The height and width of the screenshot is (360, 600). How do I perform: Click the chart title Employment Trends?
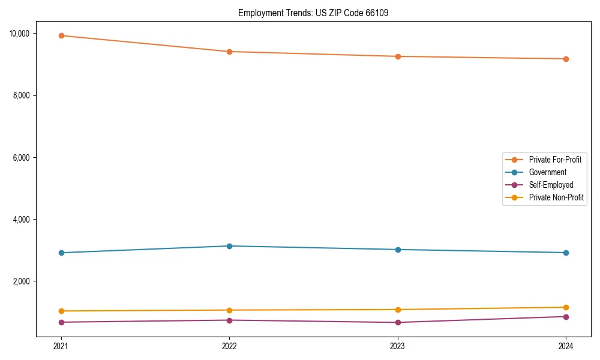(x=313, y=13)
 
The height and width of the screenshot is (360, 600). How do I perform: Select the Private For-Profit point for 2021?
(x=61, y=35)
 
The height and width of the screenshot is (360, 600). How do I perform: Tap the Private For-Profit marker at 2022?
(x=229, y=52)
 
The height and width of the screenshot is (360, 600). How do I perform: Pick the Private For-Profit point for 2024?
(x=566, y=59)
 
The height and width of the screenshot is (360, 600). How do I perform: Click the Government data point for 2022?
(x=229, y=246)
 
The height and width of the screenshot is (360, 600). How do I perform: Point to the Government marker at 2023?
(x=398, y=250)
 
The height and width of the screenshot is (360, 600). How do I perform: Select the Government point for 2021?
(x=61, y=253)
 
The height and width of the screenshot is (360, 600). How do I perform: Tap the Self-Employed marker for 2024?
(x=566, y=317)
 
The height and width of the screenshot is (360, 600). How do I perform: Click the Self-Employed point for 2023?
(x=398, y=322)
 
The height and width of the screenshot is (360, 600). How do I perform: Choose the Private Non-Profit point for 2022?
(x=229, y=310)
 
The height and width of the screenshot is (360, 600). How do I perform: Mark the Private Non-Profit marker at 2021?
(x=61, y=311)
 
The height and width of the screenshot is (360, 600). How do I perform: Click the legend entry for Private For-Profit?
(x=555, y=160)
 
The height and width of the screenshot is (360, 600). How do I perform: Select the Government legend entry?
(x=547, y=172)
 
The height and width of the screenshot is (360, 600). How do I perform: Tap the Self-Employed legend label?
(x=551, y=185)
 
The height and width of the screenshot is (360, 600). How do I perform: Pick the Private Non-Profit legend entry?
(x=556, y=197)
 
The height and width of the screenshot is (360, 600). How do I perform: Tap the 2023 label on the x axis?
(x=398, y=346)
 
